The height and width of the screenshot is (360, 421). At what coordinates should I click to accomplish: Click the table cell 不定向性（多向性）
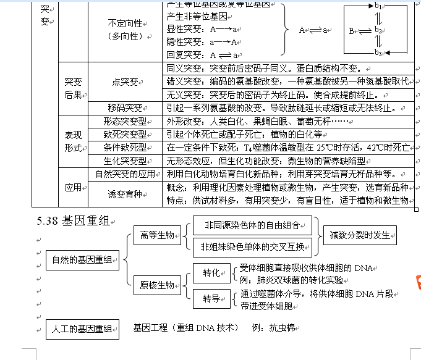coord(125,29)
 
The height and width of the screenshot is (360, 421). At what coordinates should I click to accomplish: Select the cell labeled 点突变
coord(125,82)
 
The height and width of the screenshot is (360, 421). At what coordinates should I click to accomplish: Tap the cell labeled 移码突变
coord(125,107)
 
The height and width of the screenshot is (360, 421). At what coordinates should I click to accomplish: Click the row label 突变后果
coord(73,88)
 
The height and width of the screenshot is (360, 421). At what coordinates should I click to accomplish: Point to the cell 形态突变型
coord(125,121)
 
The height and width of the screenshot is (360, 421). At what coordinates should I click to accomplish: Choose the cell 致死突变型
coord(125,134)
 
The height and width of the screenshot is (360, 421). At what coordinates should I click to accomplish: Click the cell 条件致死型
coord(125,147)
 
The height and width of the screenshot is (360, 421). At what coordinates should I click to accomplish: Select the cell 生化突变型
coord(125,160)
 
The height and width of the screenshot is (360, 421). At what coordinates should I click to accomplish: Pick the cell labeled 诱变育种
coord(125,194)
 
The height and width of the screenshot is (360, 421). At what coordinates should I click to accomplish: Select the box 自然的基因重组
coord(82,261)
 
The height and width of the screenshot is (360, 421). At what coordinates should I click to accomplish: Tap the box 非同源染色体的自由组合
coord(252,226)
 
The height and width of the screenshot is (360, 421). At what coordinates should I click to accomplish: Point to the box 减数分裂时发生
coord(360,235)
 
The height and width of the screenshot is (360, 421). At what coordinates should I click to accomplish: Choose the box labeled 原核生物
coord(157,285)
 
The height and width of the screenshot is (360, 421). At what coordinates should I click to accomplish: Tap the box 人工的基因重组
coord(82,329)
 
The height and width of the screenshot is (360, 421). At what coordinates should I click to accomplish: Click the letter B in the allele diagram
coord(351,30)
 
